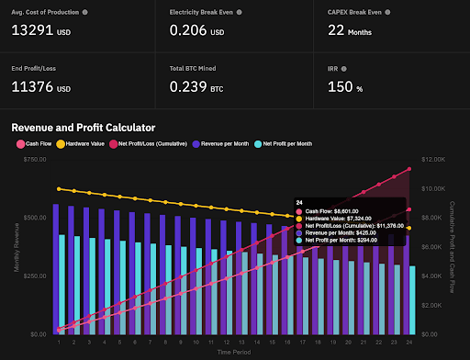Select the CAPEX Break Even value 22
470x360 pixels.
pyautogui.click(x=336, y=31)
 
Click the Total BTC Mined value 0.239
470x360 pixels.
pyautogui.click(x=190, y=89)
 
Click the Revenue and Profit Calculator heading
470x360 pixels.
pyautogui.click(x=83, y=128)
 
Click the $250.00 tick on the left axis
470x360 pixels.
pyautogui.click(x=34, y=276)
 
